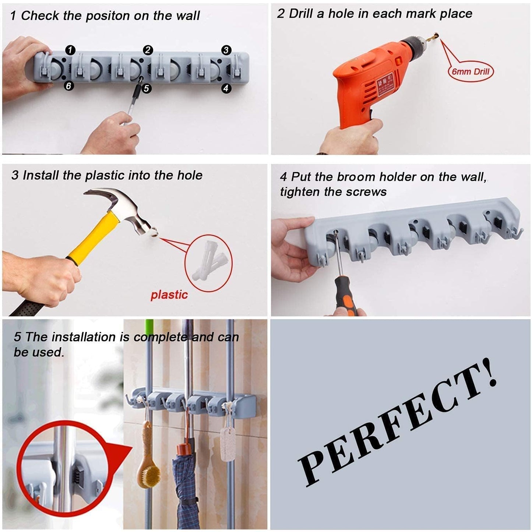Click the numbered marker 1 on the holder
pos(70,50)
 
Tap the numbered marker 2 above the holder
pos(148,50)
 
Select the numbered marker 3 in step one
pos(226,50)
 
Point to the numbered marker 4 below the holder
pos(226,88)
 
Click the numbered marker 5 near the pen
pos(147,88)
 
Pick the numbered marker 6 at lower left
pos(69,86)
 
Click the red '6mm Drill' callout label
pos(470,71)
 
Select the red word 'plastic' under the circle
pos(169,295)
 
